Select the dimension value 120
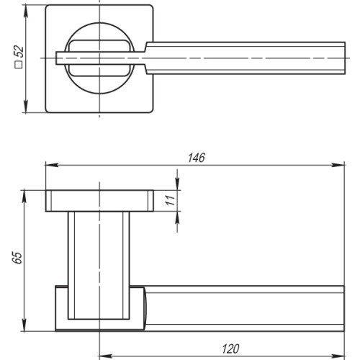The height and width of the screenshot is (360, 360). (x=230, y=348)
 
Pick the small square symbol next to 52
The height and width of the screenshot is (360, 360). (x=19, y=70)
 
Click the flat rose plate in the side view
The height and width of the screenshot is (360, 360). (x=100, y=201)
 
